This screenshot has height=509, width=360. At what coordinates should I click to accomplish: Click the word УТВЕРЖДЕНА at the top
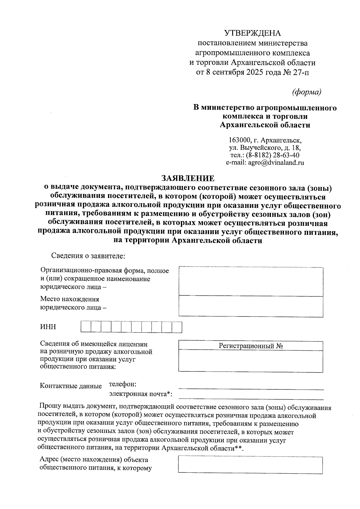[253, 33]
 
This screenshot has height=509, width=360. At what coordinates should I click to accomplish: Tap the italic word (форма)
[307, 92]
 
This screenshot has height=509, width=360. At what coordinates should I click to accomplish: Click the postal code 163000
[239, 140]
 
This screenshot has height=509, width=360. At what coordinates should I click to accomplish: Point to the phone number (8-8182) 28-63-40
[272, 155]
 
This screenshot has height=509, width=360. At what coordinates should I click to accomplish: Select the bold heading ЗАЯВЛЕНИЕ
[188, 178]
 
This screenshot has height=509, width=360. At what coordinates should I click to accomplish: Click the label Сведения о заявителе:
[88, 256]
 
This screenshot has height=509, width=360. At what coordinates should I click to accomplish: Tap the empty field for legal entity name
[251, 282]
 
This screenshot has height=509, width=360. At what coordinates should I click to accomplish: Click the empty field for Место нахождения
[251, 306]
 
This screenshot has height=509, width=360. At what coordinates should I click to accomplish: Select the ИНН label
[48, 327]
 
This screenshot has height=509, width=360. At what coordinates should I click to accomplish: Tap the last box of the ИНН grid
[177, 327]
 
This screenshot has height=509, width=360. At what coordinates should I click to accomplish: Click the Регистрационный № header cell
[251, 346]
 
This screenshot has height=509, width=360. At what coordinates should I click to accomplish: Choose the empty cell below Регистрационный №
[251, 361]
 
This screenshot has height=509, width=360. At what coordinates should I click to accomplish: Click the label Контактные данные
[71, 386]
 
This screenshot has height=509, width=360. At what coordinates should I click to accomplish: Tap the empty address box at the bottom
[250, 465]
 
